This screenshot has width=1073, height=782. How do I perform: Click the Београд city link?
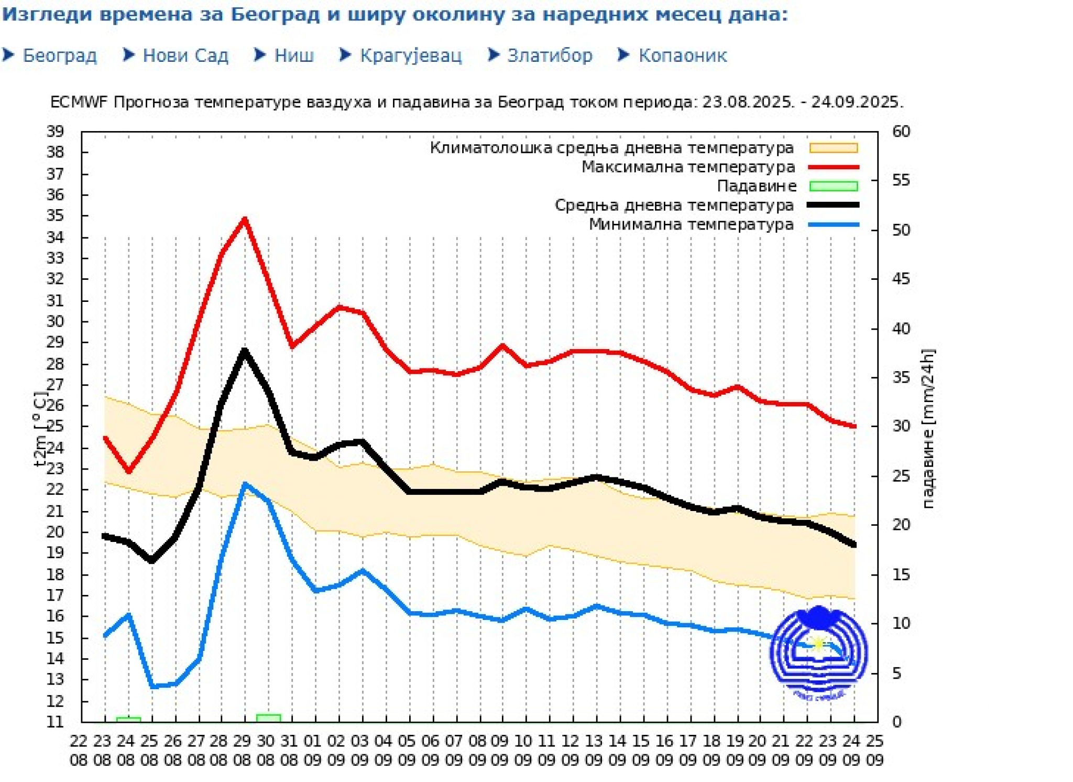click(59, 56)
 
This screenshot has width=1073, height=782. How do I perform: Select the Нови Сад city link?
click(185, 56)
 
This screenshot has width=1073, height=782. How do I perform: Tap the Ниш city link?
click(294, 56)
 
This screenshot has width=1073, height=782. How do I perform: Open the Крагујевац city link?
click(410, 56)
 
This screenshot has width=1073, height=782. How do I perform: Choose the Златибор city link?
click(549, 56)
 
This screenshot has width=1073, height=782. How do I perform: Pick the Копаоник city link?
click(682, 56)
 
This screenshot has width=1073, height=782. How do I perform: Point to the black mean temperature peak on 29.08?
click(245, 351)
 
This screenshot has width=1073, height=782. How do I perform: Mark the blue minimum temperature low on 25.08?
click(152, 686)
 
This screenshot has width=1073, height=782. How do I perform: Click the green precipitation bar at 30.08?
click(268, 718)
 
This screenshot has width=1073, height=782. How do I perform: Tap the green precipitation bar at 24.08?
click(128, 719)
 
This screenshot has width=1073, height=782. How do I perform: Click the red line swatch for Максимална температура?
click(833, 167)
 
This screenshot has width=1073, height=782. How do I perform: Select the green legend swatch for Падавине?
click(833, 186)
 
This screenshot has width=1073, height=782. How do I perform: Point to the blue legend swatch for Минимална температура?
click(833, 224)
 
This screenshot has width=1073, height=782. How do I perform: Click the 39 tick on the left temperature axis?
click(56, 131)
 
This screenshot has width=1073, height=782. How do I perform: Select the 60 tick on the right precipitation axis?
click(901, 132)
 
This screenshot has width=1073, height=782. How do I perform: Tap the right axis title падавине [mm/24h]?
click(928, 429)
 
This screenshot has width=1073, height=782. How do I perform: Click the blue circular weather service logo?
click(818, 653)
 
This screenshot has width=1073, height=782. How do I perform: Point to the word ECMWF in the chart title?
click(79, 102)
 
